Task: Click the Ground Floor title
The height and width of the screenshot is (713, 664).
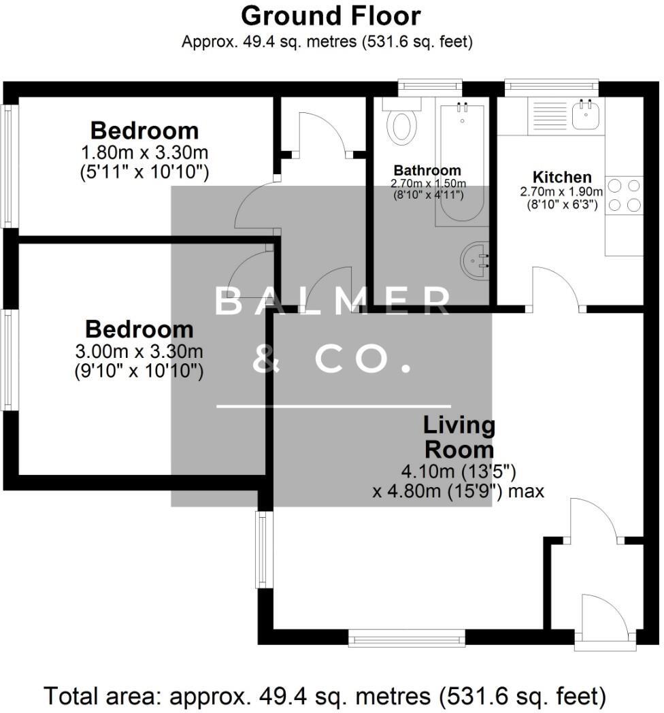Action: click(x=331, y=16)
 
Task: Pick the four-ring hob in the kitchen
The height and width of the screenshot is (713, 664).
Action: click(x=624, y=195)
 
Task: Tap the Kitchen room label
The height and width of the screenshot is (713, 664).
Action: click(x=562, y=177)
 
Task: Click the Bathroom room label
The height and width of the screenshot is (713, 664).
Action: click(x=427, y=170)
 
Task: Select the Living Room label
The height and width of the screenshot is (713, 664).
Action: click(x=459, y=437)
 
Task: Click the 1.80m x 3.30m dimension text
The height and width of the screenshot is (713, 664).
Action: click(x=144, y=152)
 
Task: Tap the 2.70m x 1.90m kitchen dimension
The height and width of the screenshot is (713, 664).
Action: click(x=562, y=192)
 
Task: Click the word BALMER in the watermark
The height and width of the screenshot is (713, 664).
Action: click(x=332, y=301)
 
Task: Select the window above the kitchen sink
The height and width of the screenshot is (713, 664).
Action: click(x=551, y=86)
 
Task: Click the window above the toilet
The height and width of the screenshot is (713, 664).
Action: click(x=430, y=86)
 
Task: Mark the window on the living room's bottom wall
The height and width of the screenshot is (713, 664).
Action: click(x=407, y=637)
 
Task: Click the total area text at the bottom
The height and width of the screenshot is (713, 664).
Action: click(x=325, y=696)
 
